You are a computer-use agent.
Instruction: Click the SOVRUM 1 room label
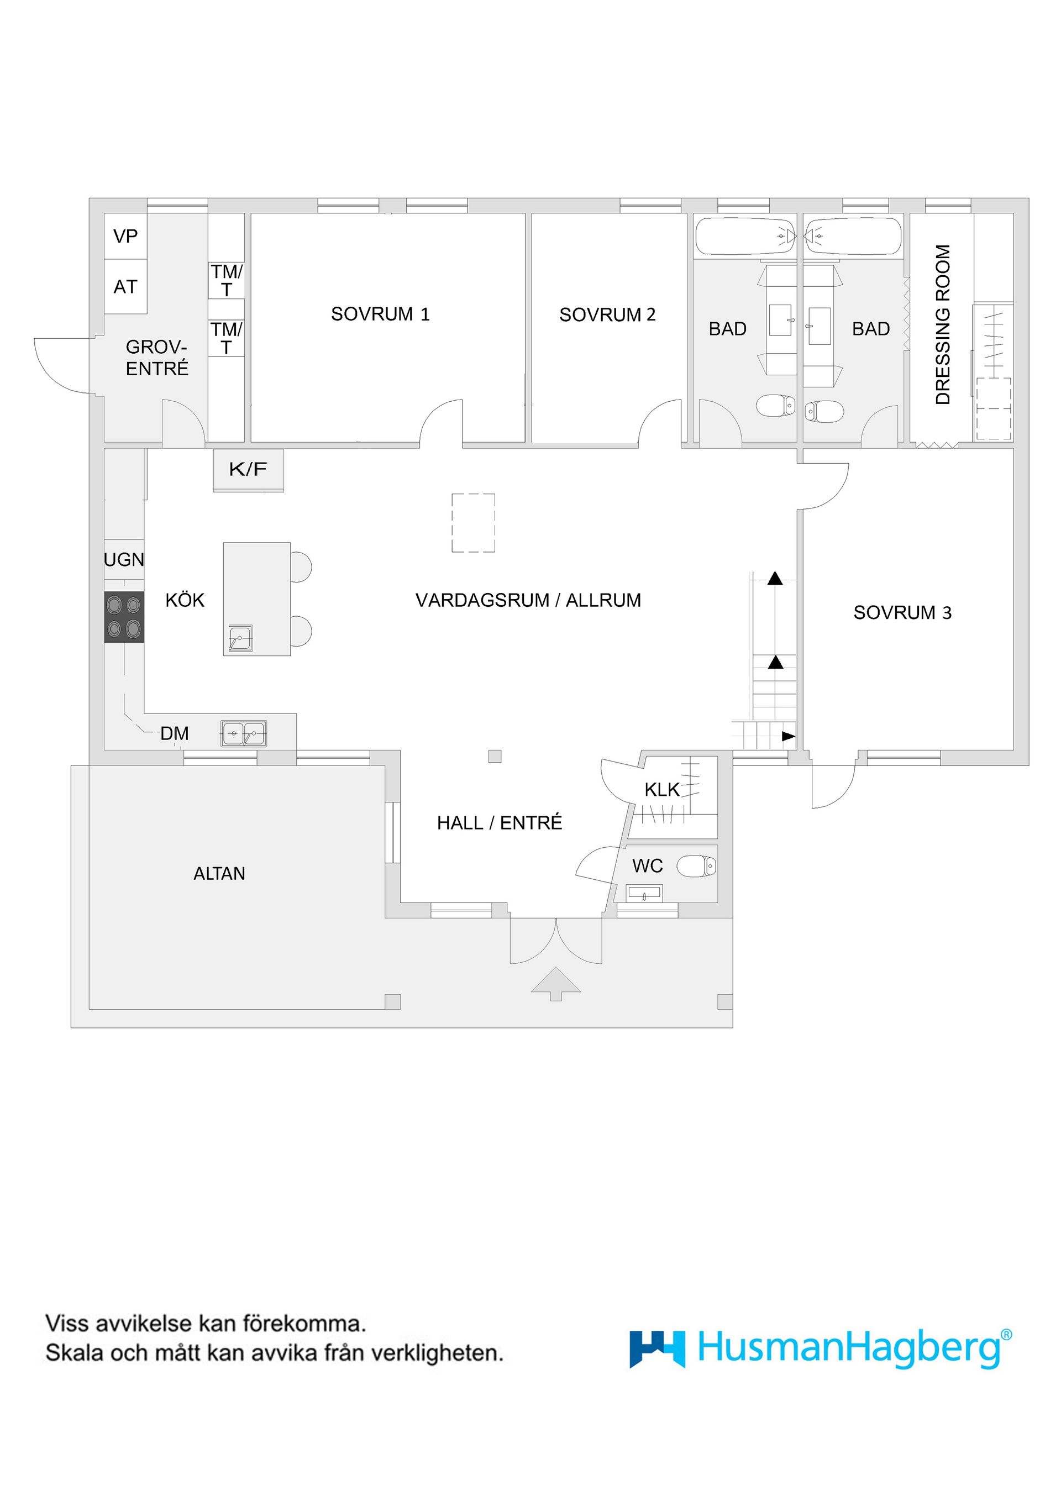[380, 314]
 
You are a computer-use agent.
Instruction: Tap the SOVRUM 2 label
[607, 314]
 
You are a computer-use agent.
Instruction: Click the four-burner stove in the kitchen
[124, 617]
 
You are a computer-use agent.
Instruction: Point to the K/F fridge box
[248, 469]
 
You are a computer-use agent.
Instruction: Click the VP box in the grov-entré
[125, 236]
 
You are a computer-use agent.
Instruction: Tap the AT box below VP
[125, 286]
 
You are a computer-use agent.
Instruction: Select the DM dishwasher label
[175, 733]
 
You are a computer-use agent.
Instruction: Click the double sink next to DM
[243, 734]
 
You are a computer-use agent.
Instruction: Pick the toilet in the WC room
[697, 867]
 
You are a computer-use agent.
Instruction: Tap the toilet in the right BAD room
[824, 411]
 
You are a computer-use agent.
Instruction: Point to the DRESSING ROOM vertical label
[942, 325]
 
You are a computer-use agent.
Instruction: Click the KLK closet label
[661, 790]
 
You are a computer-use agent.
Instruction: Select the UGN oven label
[124, 560]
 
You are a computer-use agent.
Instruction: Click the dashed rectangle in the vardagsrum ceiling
[472, 523]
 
